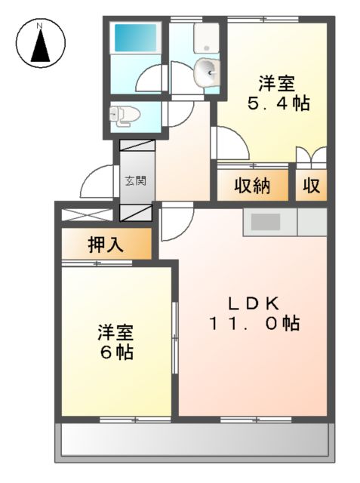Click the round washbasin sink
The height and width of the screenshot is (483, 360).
pyautogui.click(x=206, y=72)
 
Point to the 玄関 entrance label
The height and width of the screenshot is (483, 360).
pyautogui.click(x=136, y=180)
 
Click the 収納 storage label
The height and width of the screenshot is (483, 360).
pyautogui.click(x=251, y=186)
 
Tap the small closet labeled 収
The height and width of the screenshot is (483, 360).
pyautogui.click(x=310, y=186)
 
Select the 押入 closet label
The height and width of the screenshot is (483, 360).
pyautogui.click(x=106, y=245)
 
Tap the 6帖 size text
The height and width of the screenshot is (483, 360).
pyautogui.click(x=115, y=352)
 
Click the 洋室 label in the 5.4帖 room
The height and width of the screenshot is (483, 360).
pyautogui.click(x=277, y=82)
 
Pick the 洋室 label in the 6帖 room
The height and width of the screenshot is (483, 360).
pyautogui.click(x=115, y=331)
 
